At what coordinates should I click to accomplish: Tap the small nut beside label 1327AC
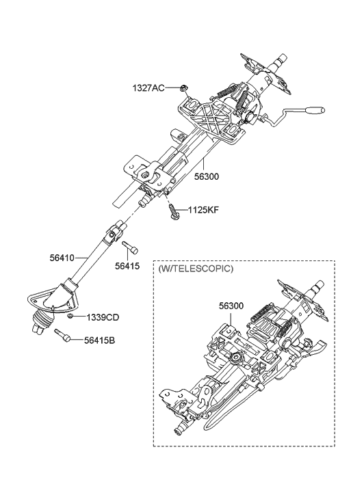183,88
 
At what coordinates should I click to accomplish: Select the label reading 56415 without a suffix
127,267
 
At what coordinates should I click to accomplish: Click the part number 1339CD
103,317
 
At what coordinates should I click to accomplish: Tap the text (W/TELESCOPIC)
195,269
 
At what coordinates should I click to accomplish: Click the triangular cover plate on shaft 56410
42,298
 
